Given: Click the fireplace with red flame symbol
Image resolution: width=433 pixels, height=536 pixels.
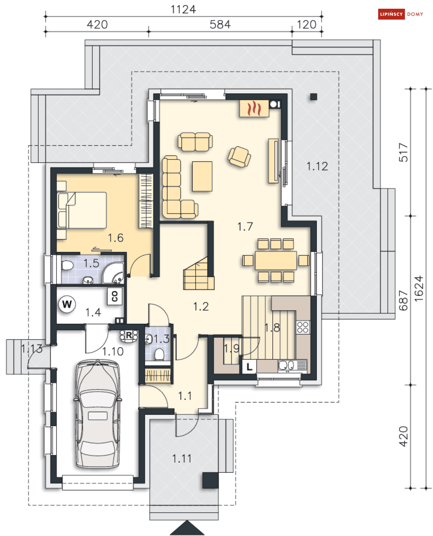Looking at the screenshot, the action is click(254, 109).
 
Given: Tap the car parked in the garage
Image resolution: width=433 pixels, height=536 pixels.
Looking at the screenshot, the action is click(97, 414).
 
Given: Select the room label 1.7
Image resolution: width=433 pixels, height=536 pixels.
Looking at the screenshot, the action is click(245, 227).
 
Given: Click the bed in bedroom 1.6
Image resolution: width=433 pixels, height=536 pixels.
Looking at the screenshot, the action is click(82, 210).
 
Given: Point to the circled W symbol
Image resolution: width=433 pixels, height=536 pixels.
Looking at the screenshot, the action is click(67, 304).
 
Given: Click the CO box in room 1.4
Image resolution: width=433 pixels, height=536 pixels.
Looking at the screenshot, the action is click(115, 296).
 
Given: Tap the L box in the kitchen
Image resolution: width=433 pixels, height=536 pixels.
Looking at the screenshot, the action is click(249, 366).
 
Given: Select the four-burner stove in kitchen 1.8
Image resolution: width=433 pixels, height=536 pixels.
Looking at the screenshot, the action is click(303, 327).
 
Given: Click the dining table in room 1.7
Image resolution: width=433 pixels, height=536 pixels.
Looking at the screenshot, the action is click(276, 260).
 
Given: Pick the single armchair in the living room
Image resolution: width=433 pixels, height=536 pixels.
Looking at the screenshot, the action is click(239, 157).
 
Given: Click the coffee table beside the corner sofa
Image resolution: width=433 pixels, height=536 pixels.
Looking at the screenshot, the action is click(202, 176).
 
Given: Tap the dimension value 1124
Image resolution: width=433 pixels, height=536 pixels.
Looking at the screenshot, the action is click(183, 10).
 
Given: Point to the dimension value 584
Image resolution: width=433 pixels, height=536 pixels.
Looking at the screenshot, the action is click(220, 25).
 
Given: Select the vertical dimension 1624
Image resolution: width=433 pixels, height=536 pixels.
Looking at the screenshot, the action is click(419, 288).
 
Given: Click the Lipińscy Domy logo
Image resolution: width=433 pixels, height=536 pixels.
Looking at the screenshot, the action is click(401, 14).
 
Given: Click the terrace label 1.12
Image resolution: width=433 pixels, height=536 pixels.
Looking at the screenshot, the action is click(317, 166).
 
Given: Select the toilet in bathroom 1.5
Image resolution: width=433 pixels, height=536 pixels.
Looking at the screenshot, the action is click(67, 265).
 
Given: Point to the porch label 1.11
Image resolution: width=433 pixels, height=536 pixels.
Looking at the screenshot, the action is click(182, 459).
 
